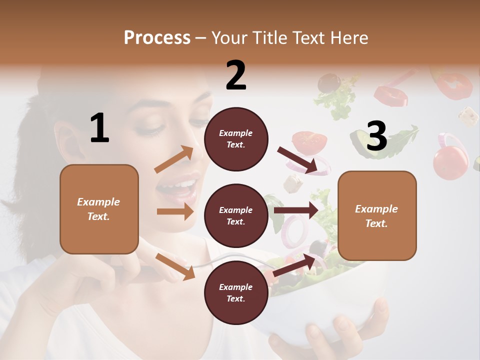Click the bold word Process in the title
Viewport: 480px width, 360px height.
click(x=157, y=37)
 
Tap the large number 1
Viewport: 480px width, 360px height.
click(x=99, y=128)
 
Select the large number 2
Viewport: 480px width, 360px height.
click(x=236, y=75)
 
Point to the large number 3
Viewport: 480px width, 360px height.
click(x=376, y=136)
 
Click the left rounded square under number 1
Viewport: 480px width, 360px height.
click(x=99, y=209)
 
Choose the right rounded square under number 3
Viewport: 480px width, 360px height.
click(x=377, y=215)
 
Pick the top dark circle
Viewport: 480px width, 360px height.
click(x=236, y=139)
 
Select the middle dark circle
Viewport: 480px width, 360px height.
click(x=236, y=215)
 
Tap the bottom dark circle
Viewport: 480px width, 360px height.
click(x=236, y=292)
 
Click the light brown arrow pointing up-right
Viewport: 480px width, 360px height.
click(x=174, y=159)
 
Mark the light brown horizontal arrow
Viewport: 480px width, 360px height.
click(x=175, y=211)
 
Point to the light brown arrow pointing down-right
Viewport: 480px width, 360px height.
click(x=175, y=266)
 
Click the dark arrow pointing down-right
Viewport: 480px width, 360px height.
click(x=297, y=160)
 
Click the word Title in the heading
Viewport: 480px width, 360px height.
click(x=269, y=37)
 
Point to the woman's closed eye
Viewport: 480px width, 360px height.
click(x=148, y=131)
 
